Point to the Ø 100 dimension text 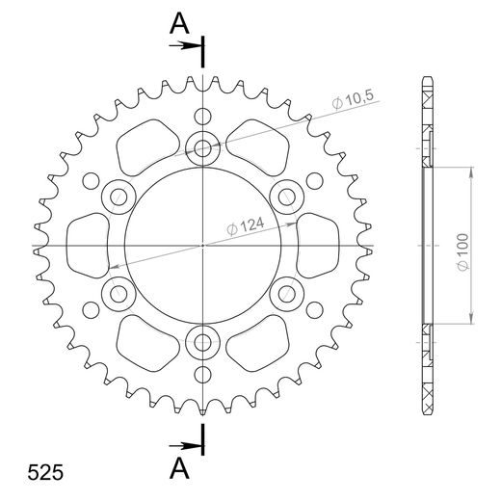click(x=461, y=247)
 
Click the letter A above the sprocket click(x=179, y=24)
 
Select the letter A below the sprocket click(x=179, y=468)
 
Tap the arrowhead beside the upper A click(x=195, y=44)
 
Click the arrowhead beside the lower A click(x=195, y=446)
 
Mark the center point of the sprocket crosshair click(x=203, y=246)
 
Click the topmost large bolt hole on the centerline click(x=203, y=149)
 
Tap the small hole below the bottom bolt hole click(x=203, y=375)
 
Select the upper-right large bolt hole click(x=286, y=198)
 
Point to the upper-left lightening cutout click(x=146, y=145)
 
